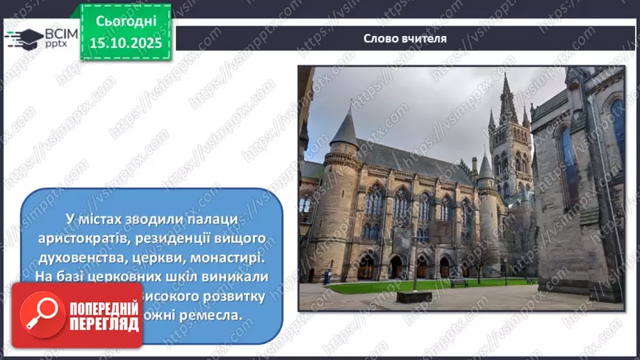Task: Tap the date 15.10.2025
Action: (x=125, y=42)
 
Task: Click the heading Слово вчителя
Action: (x=404, y=38)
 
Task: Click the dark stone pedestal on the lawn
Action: (x=415, y=296)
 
